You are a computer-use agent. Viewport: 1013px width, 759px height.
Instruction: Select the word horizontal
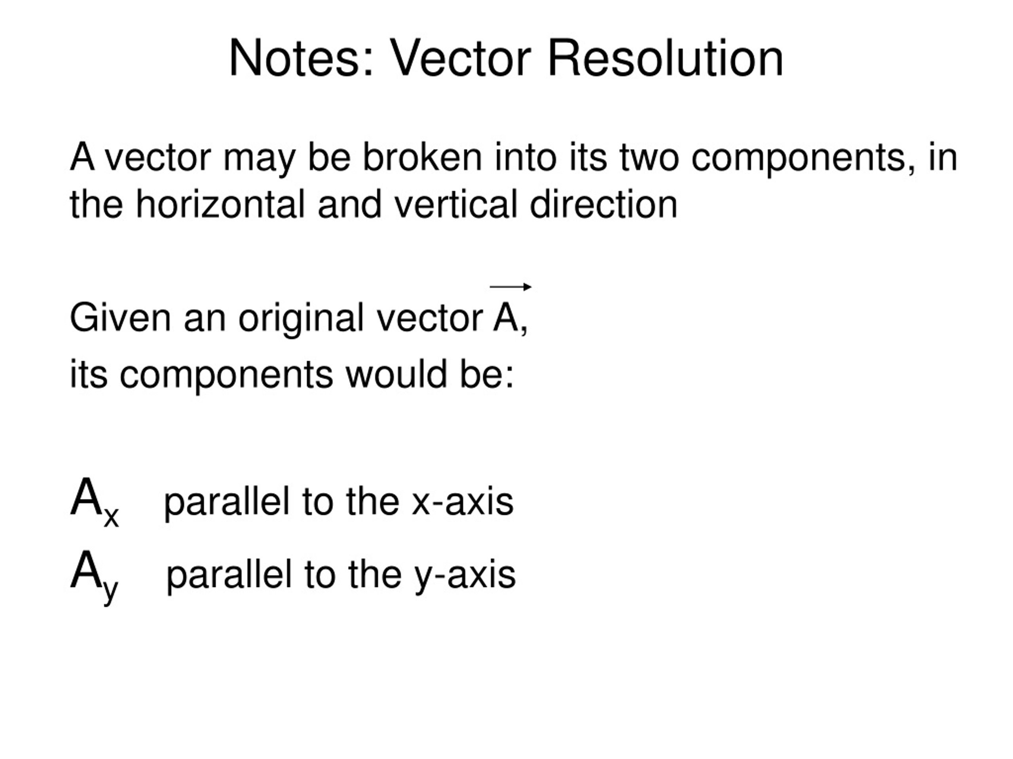tap(220, 204)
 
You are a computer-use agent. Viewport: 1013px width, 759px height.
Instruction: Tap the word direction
tap(603, 204)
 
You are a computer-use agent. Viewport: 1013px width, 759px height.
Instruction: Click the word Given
tap(120, 317)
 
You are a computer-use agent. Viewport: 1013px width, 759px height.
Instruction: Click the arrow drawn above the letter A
tap(510, 287)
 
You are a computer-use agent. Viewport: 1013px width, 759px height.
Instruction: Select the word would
tap(396, 374)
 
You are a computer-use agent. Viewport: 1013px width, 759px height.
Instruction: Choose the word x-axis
tap(463, 501)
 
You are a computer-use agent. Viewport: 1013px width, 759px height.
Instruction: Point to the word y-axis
tap(465, 576)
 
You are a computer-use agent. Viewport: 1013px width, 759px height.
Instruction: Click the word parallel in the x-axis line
tap(227, 502)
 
